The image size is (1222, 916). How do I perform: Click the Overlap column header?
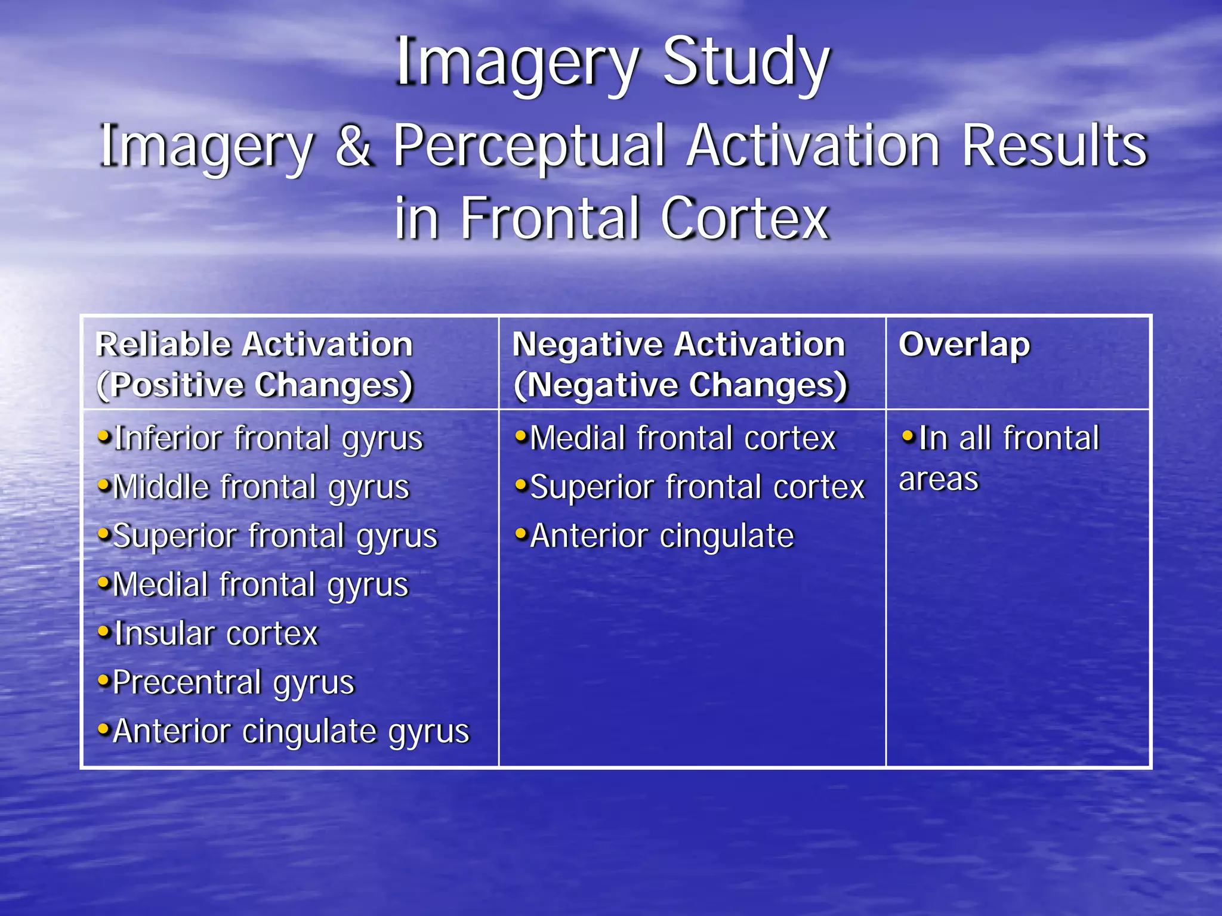coord(964,345)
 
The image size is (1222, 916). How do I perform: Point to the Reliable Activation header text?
coord(254,345)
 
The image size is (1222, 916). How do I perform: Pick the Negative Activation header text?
coord(678,345)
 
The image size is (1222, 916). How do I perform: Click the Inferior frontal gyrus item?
coord(269,438)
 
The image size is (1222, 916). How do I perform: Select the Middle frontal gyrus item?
coord(261,487)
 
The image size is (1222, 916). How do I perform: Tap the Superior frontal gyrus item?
coord(275,536)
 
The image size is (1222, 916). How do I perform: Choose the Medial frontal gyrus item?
coord(261,585)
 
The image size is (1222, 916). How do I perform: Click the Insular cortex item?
coord(216,634)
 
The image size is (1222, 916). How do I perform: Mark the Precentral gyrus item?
coord(234,683)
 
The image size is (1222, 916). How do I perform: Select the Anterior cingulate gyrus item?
coord(291,732)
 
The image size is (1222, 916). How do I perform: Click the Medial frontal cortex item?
coord(683,438)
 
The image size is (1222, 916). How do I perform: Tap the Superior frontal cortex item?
coord(697,487)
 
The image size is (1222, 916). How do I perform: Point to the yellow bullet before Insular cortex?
coord(104,631)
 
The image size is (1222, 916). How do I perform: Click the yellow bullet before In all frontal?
coord(908,436)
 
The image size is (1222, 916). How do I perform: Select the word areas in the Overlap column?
coord(939,479)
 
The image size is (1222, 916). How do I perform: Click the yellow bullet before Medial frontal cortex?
coord(521,436)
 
